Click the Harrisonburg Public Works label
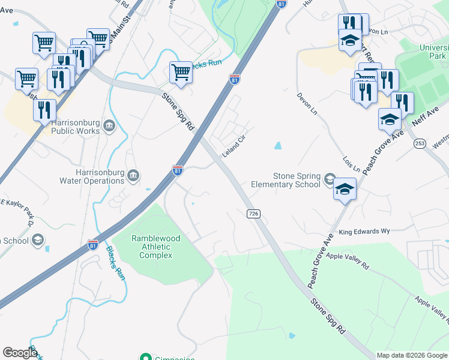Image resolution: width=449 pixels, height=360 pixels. point(76,126)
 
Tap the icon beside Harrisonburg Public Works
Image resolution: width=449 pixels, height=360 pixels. point(109,125)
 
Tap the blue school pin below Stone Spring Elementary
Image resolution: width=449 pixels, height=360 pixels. point(345,189)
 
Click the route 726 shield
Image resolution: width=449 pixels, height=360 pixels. point(253,214)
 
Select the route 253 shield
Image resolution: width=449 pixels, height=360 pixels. point(420,143)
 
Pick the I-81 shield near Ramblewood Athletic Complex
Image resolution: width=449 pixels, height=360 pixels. point(93,245)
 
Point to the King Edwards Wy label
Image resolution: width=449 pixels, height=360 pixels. point(364,231)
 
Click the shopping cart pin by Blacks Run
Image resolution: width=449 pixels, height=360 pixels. point(181,72)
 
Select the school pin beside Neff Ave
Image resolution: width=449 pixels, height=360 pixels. point(390,119)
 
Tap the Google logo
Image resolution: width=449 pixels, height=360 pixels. point(19,353)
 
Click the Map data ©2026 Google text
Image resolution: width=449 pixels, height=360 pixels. point(411,355)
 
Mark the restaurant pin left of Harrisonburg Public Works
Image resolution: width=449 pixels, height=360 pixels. point(44,110)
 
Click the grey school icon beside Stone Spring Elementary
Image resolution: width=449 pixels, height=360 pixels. point(329,179)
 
